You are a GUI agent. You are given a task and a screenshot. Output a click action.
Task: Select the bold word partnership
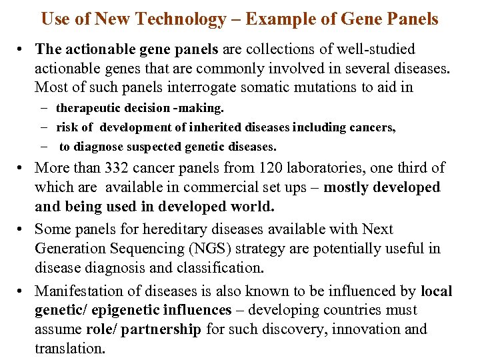pyautogui.click(x=159, y=329)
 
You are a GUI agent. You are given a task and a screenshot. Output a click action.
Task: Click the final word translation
pyautogui.click(x=70, y=349)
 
